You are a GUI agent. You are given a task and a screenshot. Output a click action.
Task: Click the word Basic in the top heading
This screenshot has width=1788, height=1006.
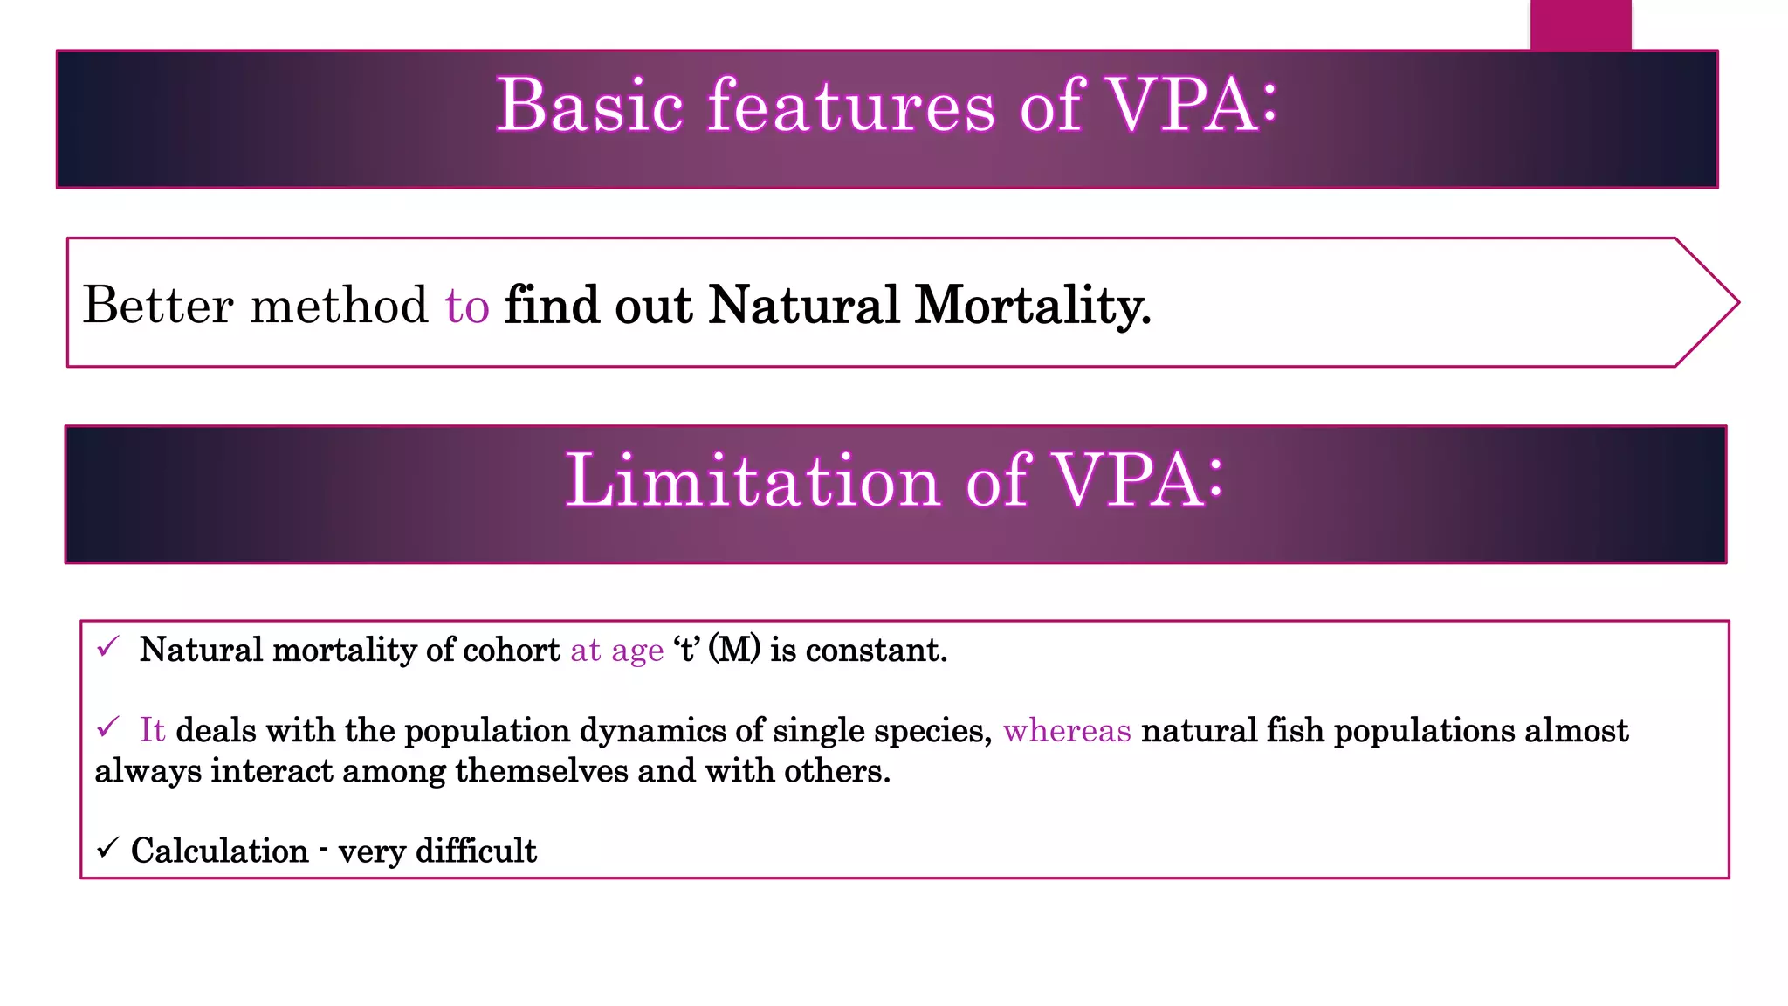589,106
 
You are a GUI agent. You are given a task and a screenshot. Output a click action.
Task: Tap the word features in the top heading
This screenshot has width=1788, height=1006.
850,106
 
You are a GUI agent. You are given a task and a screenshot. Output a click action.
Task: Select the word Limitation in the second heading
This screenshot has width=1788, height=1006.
753,481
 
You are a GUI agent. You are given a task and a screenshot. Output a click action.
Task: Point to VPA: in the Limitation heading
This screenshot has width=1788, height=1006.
1139,481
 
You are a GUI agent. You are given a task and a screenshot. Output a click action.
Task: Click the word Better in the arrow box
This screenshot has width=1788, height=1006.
158,306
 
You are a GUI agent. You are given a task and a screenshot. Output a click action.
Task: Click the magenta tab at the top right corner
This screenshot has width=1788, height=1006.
1580,24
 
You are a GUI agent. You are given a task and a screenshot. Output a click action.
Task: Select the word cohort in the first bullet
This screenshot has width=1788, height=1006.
512,651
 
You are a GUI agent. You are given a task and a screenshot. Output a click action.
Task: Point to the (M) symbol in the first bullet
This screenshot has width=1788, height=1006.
734,651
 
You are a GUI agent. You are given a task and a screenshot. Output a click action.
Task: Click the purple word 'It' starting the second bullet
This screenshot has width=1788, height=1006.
152,730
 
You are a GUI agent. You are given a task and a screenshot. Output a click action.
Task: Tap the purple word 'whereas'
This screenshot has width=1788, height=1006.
1067,731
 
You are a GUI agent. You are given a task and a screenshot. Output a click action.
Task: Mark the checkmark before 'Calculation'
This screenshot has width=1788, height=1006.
107,848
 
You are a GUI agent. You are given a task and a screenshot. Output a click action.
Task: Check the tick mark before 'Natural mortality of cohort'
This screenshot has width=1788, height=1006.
108,647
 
